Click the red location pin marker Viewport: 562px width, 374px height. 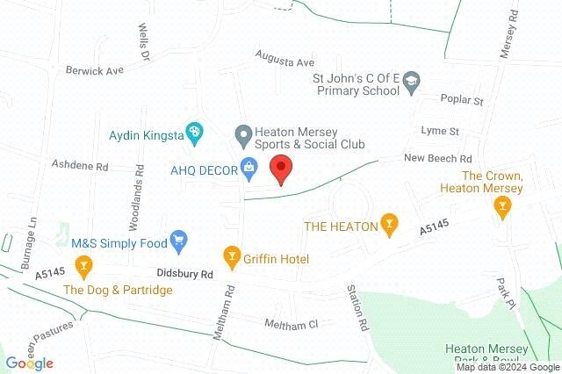tap(280, 168)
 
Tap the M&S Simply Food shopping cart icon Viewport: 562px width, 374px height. tap(179, 239)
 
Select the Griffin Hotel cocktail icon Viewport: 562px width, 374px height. tap(233, 257)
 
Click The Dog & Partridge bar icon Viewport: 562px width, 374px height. tap(83, 263)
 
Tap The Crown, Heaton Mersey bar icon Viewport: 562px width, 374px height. tap(502, 207)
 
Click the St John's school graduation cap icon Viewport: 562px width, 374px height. tap(410, 85)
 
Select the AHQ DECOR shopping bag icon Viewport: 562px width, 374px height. tap(249, 166)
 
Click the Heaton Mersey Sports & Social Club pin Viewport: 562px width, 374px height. tap(243, 134)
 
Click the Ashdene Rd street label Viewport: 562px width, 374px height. tap(79, 164)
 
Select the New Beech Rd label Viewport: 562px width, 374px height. tap(438, 158)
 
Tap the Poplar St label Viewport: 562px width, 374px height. tap(463, 101)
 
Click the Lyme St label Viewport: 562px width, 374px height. tap(440, 131)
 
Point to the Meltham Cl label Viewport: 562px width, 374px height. tap(294, 324)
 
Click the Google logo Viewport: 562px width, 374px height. tap(30, 363)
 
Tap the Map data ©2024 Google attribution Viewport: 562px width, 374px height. tap(508, 367)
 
